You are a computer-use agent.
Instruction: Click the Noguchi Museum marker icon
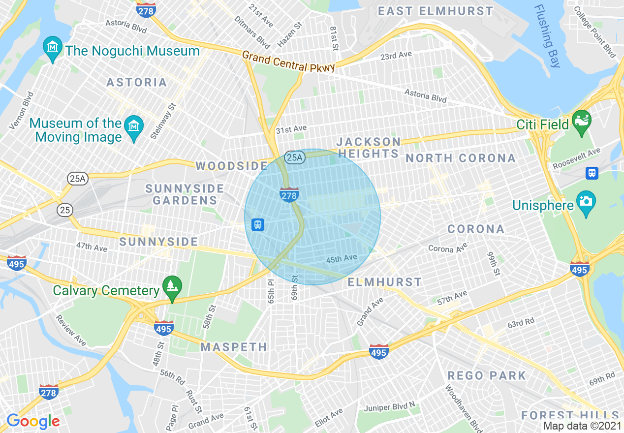52,48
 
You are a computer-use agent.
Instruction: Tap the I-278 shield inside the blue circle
289,195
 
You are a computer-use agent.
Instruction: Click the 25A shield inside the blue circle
294,157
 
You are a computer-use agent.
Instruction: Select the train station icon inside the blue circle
257,225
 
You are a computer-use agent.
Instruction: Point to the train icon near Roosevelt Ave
592,173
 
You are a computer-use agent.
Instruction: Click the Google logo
33,421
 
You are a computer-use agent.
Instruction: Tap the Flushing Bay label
547,35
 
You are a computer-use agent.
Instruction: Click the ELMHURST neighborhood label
384,282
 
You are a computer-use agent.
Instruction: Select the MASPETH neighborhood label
234,347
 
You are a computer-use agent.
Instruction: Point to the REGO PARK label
486,375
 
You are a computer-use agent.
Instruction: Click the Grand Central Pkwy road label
288,62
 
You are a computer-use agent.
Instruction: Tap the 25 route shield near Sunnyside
64,210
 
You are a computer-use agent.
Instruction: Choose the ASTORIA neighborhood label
137,82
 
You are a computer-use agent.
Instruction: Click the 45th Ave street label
341,258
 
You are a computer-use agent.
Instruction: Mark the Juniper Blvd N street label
390,408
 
